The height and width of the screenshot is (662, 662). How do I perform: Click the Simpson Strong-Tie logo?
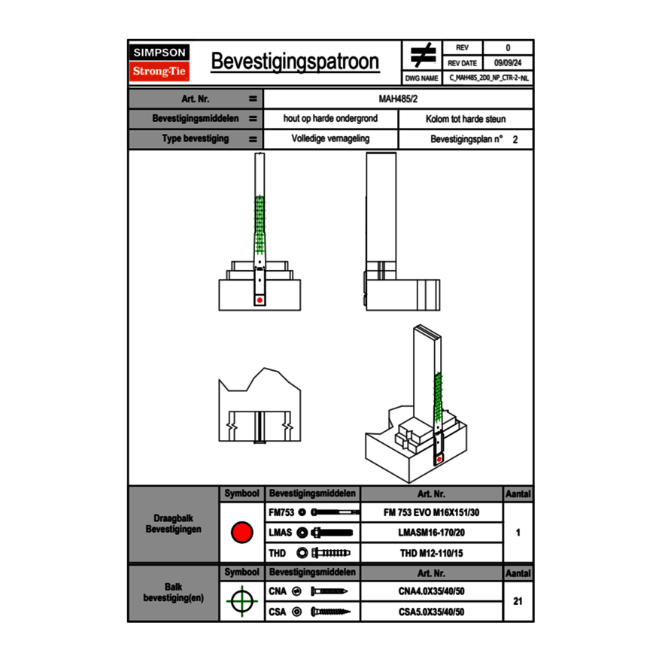tap(160, 62)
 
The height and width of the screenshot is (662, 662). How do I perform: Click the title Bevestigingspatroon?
tap(295, 62)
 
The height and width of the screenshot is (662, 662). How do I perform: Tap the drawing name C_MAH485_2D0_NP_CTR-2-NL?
tap(489, 77)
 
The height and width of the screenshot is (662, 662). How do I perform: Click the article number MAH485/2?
tap(399, 99)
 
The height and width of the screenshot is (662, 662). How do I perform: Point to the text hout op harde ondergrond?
tap(330, 119)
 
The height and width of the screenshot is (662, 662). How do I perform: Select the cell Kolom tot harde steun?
tap(466, 119)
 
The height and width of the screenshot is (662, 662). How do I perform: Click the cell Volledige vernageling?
tap(330, 139)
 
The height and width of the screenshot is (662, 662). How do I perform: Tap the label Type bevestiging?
tap(196, 139)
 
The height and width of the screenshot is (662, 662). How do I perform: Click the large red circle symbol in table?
tap(241, 533)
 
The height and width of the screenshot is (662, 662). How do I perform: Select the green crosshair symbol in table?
tap(241, 601)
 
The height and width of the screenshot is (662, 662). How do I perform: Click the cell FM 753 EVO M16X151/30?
tap(431, 512)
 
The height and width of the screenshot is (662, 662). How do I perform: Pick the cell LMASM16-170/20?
tap(431, 533)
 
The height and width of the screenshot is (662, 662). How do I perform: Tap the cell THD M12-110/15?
tap(431, 553)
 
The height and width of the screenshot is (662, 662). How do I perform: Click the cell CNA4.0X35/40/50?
tap(431, 592)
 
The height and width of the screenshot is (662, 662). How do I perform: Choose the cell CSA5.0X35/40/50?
tap(431, 612)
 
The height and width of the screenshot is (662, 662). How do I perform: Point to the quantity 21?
tap(518, 601)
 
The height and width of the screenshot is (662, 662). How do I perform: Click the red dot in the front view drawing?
tap(260, 300)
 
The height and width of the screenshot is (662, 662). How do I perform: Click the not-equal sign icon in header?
tap(423, 56)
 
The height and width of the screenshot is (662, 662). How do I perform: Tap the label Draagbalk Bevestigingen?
tap(174, 524)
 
